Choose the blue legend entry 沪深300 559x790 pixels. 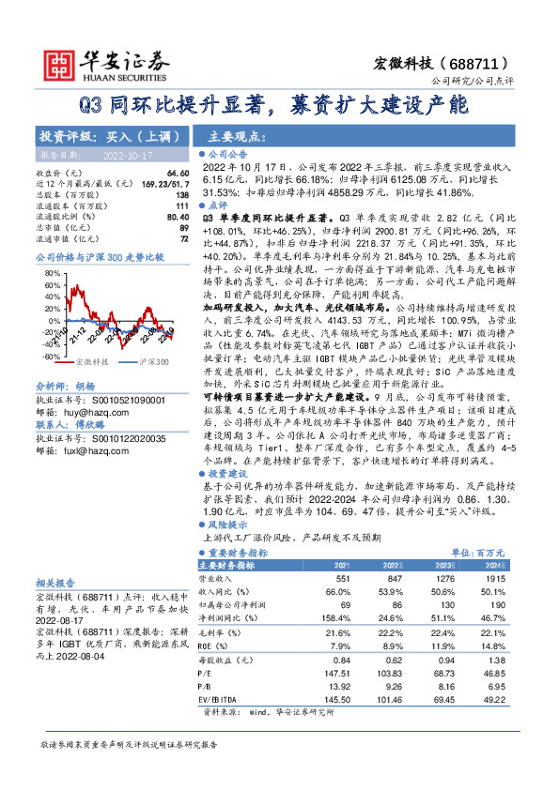pyautogui.click(x=153, y=335)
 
